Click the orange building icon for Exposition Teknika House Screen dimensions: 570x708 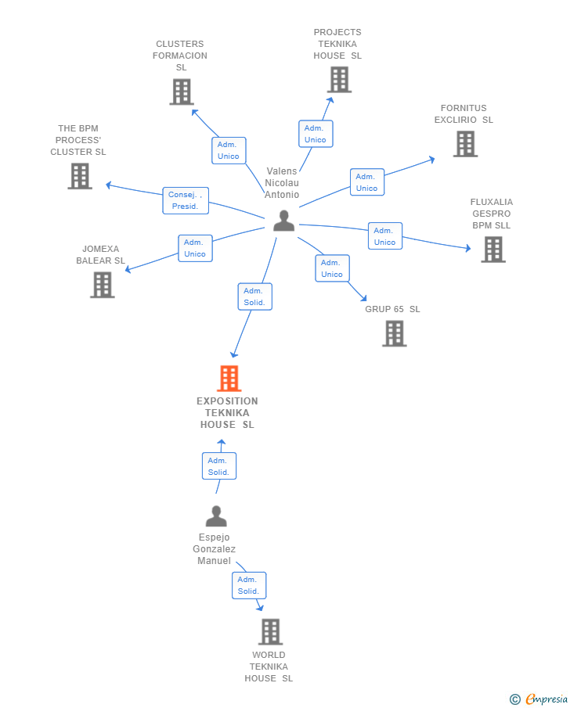[229, 379]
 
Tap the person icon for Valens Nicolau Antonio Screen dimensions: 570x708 [284, 221]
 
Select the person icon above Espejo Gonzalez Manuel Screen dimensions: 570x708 [216, 516]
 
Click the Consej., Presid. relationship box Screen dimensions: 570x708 [186, 200]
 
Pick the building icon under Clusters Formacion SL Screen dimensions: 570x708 [182, 92]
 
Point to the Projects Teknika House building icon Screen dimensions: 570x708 [340, 80]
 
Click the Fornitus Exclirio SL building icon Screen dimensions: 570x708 [466, 144]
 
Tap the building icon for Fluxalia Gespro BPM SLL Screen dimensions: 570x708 [493, 250]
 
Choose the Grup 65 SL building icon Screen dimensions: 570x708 [395, 334]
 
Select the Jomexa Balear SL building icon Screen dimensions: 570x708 [103, 285]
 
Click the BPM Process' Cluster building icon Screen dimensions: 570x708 [80, 176]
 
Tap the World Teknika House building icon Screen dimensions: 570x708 [271, 631]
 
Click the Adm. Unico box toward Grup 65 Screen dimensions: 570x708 [332, 268]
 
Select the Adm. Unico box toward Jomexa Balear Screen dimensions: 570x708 [195, 248]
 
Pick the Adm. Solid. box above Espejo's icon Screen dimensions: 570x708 [219, 466]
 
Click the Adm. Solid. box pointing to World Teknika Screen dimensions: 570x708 [249, 585]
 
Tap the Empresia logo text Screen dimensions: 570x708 [547, 699]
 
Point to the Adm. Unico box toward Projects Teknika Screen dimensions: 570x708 [316, 134]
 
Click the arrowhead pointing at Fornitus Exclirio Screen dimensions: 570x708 [432, 160]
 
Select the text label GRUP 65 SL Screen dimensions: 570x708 [392, 309]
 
